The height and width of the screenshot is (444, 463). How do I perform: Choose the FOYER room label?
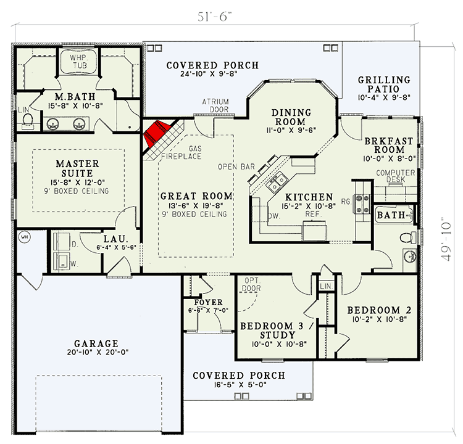coord(204,302)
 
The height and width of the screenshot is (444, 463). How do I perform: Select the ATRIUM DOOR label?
coord(215,105)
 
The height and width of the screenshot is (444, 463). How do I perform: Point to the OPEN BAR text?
coord(235,167)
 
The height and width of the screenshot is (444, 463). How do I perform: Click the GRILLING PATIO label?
coord(384,84)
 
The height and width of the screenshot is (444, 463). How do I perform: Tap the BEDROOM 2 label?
coord(378,310)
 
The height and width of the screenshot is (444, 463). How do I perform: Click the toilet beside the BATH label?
coord(407,238)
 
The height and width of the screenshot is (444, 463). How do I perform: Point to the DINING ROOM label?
coord(294,117)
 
